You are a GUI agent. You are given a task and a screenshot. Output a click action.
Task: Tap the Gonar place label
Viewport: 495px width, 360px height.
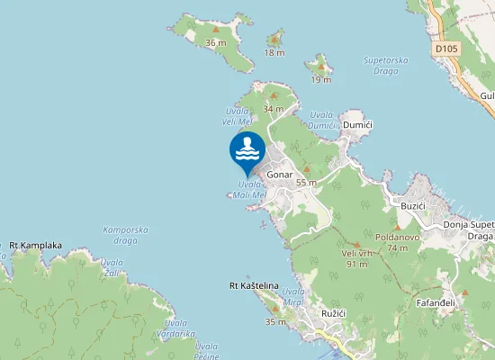281,176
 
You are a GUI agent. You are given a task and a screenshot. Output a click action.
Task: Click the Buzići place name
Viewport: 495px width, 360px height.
412,206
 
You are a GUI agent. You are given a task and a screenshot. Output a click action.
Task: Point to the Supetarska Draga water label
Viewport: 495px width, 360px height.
387,66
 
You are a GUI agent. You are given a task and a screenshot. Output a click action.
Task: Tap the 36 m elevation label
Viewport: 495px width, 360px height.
215,42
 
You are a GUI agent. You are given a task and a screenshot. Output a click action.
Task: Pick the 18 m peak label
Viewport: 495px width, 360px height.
274,52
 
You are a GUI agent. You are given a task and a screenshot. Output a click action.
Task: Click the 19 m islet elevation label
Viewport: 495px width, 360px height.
320,79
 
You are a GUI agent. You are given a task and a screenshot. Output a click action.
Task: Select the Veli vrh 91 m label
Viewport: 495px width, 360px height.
355,259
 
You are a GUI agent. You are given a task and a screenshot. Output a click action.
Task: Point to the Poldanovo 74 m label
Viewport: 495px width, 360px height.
397,242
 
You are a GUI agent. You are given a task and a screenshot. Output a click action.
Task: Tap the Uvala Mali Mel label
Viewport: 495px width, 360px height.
249,189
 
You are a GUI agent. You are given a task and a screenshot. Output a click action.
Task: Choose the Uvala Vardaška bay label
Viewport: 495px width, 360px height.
175,328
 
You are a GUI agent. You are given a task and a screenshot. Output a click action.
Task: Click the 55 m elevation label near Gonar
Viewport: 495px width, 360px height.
306,182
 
